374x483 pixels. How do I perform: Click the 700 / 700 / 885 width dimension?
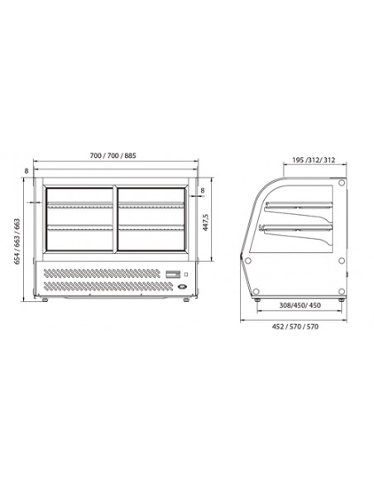(x=115, y=155)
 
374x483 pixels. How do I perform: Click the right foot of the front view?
(x=186, y=298)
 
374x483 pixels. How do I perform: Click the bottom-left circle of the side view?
(x=258, y=290)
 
